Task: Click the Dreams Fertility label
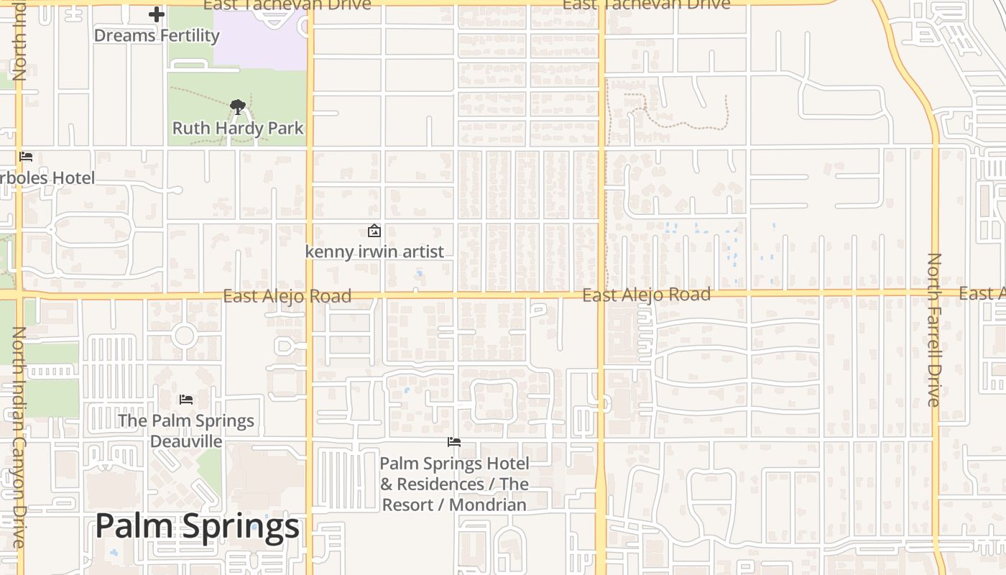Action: tap(157, 35)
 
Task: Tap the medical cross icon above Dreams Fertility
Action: tap(157, 14)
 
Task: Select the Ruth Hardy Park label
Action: tap(238, 129)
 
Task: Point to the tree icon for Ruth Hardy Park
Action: tap(238, 108)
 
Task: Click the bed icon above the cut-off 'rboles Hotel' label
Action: tap(26, 156)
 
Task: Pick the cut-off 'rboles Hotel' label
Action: tap(47, 178)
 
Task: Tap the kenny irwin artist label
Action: tap(374, 252)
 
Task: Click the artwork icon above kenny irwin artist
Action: tap(374, 231)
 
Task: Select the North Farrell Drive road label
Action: tap(933, 329)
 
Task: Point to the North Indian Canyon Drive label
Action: tap(19, 437)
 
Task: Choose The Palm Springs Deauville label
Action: tap(186, 431)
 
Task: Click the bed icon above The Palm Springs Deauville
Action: tap(186, 399)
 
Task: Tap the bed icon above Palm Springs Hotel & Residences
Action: tap(454, 441)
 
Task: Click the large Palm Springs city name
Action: tap(197, 526)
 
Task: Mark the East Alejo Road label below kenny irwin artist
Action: tap(287, 296)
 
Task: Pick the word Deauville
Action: tap(186, 441)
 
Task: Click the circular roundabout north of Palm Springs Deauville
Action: tap(184, 335)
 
